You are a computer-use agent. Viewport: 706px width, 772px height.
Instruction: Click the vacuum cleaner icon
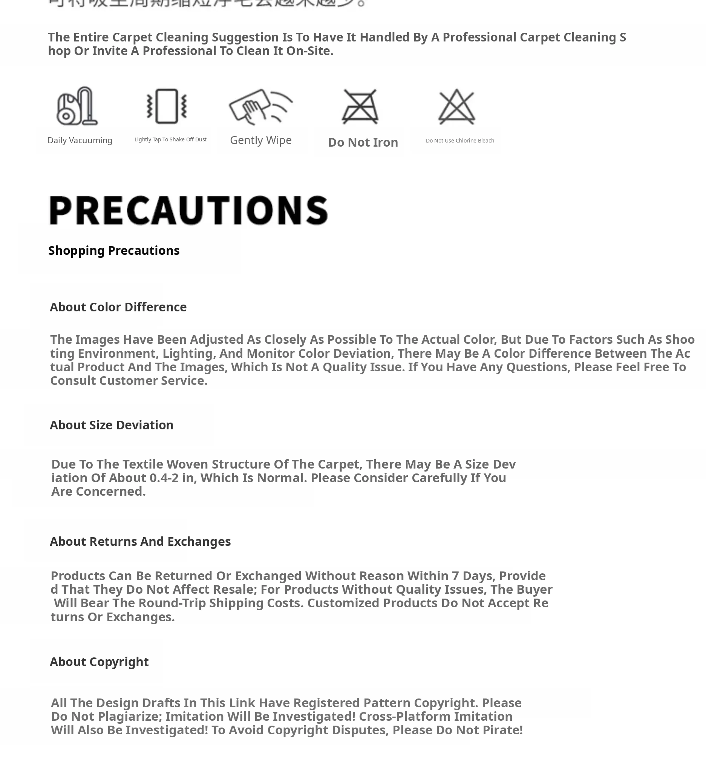coord(77,106)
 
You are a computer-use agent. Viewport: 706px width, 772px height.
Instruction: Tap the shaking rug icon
coord(167,106)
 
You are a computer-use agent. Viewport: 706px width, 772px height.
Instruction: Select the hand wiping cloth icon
coord(260,106)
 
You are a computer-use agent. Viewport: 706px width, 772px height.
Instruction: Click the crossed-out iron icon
coord(360,106)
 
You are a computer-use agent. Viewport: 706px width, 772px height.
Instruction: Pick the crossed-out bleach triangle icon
coord(456,106)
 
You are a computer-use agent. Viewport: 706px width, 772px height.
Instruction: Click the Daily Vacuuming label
coord(80,140)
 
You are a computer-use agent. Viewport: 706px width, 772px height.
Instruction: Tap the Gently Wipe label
coord(261,140)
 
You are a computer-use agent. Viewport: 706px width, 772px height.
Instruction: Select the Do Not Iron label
coord(363,142)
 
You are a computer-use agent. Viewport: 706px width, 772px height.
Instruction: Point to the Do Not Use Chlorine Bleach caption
coord(460,141)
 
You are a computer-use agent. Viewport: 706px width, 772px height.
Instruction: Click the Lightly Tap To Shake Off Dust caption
coord(170,139)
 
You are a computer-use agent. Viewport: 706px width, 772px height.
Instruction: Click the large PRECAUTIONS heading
coord(188,210)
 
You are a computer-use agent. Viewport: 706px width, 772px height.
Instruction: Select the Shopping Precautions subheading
coord(114,250)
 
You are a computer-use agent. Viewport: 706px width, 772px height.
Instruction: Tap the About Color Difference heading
coord(118,307)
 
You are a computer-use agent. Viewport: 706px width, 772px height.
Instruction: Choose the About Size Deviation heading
coord(112,425)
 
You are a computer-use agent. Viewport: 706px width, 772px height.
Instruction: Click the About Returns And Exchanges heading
coord(140,541)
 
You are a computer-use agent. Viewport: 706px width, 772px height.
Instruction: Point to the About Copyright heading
coord(99,661)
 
